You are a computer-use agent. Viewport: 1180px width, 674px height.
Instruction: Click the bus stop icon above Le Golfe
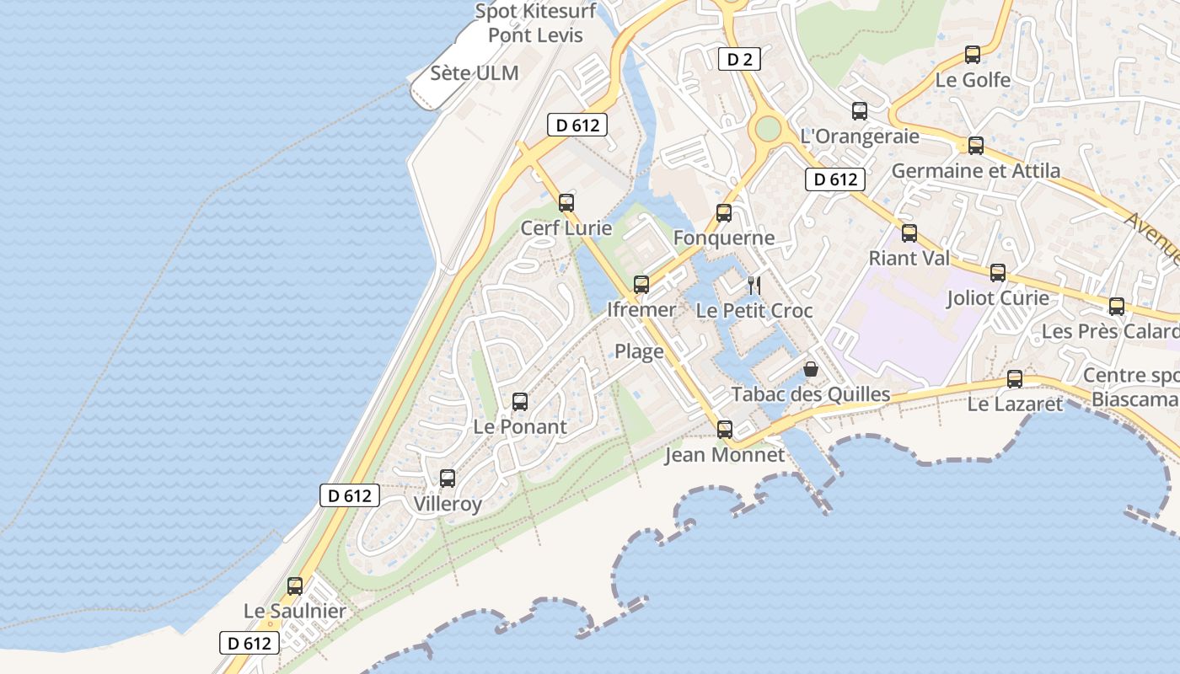click(x=973, y=55)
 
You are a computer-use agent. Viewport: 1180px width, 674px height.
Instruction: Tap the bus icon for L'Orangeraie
click(x=860, y=110)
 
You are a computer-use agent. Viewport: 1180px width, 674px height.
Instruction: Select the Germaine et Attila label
click(x=976, y=171)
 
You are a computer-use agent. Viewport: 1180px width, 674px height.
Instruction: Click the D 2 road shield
click(x=739, y=59)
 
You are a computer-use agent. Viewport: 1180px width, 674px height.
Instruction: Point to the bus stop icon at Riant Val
click(x=909, y=233)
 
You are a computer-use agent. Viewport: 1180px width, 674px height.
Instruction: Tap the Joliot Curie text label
click(x=998, y=298)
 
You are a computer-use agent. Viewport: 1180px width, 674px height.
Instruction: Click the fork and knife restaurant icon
click(x=754, y=286)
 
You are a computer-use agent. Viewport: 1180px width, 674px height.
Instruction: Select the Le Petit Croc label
click(x=754, y=311)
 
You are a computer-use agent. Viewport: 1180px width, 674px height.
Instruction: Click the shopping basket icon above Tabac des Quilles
click(x=811, y=369)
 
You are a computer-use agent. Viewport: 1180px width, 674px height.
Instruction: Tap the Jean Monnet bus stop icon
click(x=724, y=430)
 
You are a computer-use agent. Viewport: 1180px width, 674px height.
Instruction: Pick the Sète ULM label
click(x=475, y=73)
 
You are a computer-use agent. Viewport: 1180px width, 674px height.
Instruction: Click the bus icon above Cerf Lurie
click(x=566, y=203)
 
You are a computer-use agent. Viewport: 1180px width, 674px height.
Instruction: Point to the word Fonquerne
click(x=724, y=238)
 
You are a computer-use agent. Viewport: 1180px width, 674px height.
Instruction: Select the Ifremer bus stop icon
click(x=641, y=285)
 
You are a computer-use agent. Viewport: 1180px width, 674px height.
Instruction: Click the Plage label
click(x=639, y=351)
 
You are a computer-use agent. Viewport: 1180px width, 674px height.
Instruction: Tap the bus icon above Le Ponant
click(x=520, y=402)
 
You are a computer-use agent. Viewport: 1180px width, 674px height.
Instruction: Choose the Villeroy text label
click(x=448, y=505)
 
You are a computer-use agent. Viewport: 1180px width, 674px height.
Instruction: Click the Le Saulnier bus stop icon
click(x=295, y=586)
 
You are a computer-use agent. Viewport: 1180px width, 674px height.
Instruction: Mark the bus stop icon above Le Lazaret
click(x=1015, y=379)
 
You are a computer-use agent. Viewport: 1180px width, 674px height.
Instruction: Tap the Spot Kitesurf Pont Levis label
click(x=536, y=23)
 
